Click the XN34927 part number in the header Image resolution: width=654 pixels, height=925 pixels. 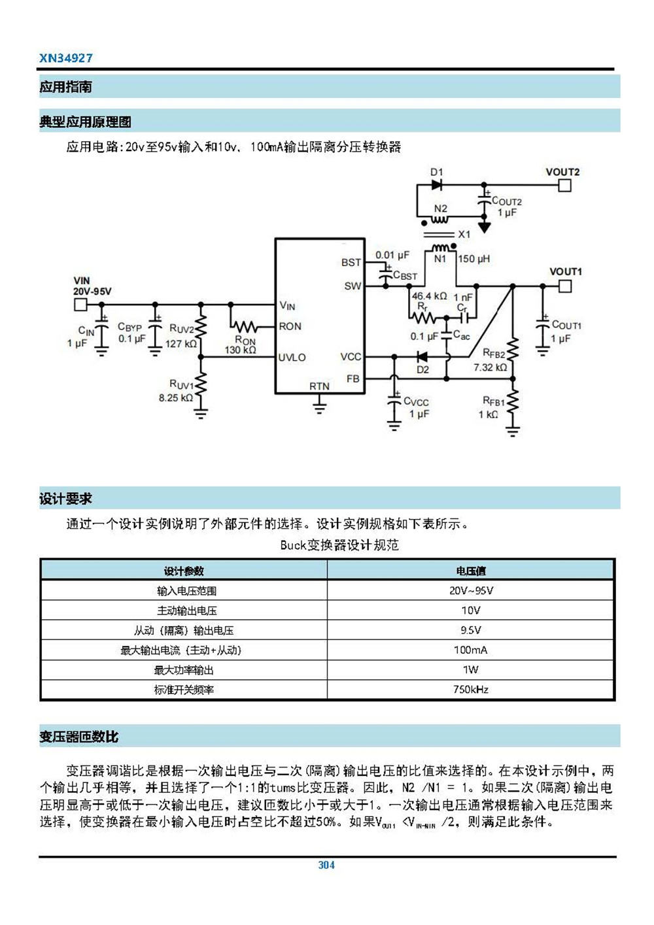point(65,58)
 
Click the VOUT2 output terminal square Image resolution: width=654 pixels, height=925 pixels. point(564,186)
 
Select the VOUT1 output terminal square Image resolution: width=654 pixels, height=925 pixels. point(565,286)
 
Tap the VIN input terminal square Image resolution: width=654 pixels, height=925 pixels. point(80,305)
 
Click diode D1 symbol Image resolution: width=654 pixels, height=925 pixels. point(436,185)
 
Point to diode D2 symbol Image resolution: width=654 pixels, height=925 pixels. point(422,357)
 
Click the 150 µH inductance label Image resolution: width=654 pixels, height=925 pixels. point(473,259)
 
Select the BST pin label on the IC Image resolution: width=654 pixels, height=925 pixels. point(351,262)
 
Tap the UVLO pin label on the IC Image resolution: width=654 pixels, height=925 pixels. point(292,358)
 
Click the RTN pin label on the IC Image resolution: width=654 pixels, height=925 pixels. point(319,386)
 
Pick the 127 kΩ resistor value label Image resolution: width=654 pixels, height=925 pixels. point(180,343)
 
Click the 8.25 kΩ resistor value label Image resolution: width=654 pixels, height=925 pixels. point(175,397)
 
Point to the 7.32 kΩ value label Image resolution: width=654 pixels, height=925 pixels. point(490,367)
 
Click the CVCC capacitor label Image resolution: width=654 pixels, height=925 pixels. point(416,402)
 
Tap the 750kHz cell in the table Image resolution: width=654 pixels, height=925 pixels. point(470,690)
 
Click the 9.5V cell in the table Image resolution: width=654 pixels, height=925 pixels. point(470,630)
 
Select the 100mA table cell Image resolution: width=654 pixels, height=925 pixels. point(470,650)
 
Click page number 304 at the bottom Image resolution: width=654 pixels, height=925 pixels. point(326,865)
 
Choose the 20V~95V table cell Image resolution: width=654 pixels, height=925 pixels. point(470,591)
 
